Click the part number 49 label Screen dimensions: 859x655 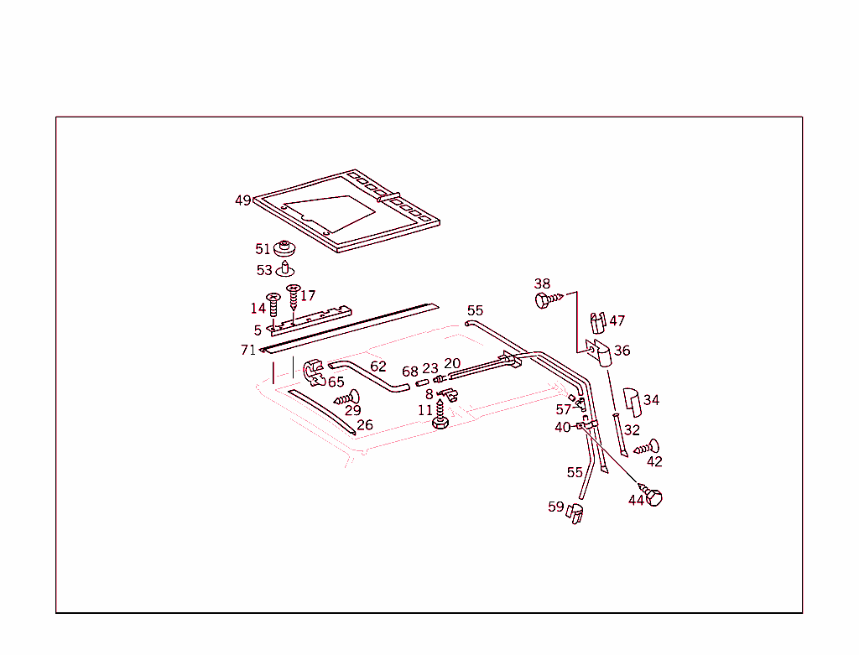click(242, 200)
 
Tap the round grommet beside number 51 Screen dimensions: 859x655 click(287, 249)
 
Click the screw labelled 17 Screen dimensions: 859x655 click(293, 299)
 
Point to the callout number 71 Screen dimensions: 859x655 click(248, 350)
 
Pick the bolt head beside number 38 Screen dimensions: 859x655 click(543, 299)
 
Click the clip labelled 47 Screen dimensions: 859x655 click(597, 322)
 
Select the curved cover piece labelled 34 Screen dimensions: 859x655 click(632, 402)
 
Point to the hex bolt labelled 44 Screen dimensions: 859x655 click(654, 496)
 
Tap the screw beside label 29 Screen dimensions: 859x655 click(347, 398)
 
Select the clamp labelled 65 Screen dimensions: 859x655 click(314, 371)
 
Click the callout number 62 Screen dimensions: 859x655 click(378, 366)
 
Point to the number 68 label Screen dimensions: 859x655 click(410, 371)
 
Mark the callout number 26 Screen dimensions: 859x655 click(365, 425)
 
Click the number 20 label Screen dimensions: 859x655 click(452, 363)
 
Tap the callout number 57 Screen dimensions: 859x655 click(563, 410)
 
